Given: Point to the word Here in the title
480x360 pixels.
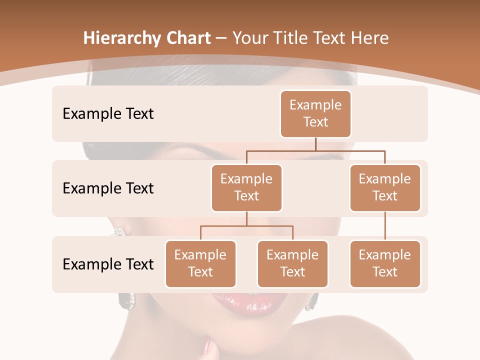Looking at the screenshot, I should coord(370,38).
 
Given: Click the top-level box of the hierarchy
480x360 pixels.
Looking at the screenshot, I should coord(315,113).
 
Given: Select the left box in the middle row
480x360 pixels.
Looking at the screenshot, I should coord(246,187).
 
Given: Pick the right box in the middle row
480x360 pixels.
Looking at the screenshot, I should coord(384,187).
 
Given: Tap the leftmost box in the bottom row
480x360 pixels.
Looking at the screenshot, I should coord(200,263).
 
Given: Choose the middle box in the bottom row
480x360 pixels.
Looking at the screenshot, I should coord(292,263).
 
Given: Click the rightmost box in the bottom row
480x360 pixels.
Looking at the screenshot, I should coord(384,263).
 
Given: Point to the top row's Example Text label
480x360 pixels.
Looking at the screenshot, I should coord(108,113).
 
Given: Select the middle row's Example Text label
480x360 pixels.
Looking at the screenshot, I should coord(108,188).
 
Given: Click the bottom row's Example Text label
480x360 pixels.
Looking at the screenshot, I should coord(108,264).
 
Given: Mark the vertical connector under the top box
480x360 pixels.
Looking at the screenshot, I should coord(315,144).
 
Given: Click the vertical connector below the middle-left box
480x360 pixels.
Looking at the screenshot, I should coord(246,218).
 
